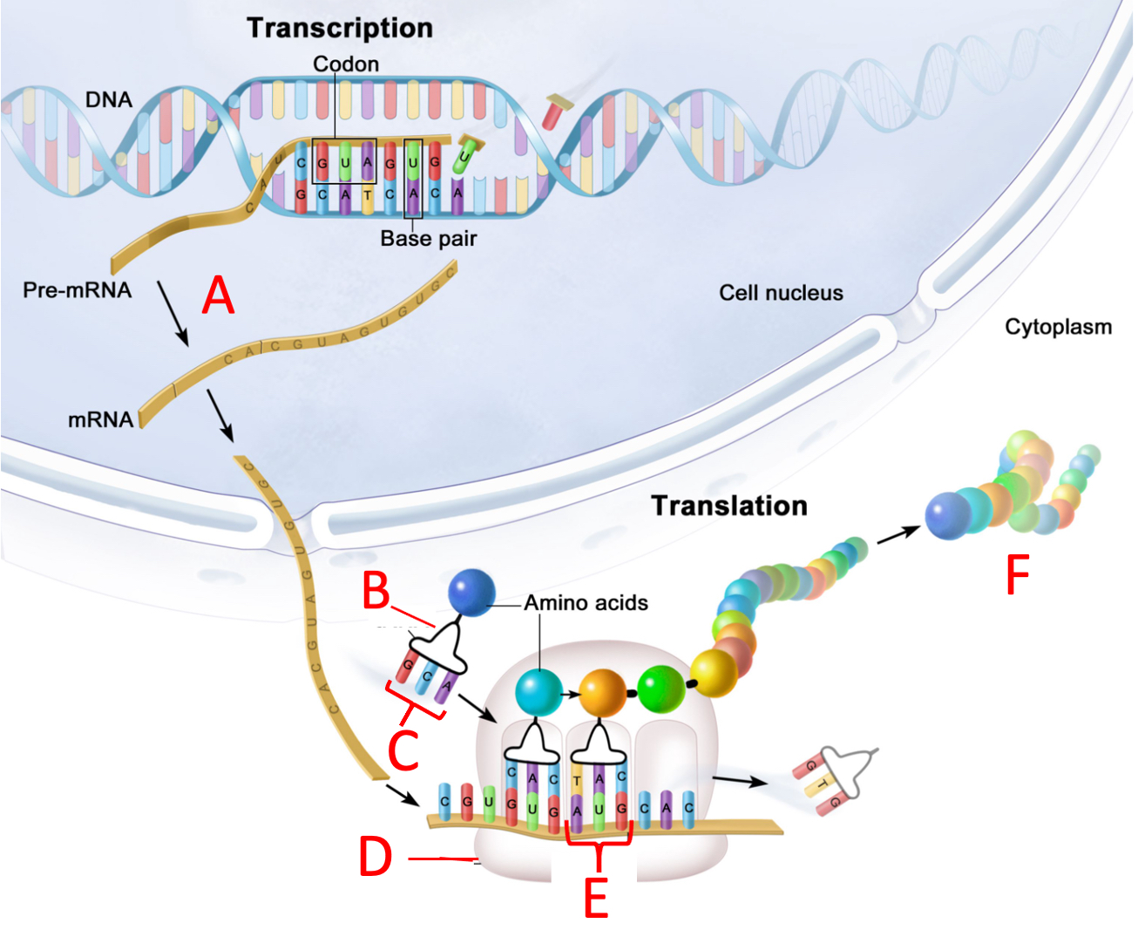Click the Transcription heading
tap(340, 28)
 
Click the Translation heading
tap(729, 506)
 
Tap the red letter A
tap(218, 295)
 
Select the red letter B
tap(376, 591)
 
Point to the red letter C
tap(403, 750)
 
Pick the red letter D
tap(376, 858)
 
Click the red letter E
tap(596, 898)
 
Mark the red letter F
tap(1018, 575)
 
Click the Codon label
tap(346, 64)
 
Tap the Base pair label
tap(428, 239)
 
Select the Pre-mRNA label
tap(78, 290)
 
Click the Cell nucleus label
tap(781, 293)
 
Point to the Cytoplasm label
tap(1058, 327)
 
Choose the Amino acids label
tap(586, 603)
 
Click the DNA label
tap(109, 99)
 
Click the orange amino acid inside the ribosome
tap(602, 693)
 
